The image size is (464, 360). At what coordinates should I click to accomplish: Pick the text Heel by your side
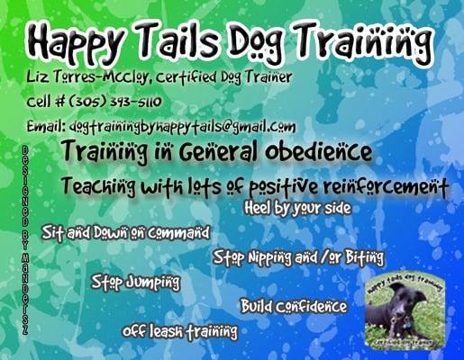click(x=297, y=209)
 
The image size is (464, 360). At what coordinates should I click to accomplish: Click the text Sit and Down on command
click(x=125, y=232)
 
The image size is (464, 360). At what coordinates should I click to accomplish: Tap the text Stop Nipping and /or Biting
click(x=299, y=257)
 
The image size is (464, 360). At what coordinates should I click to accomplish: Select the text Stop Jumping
click(x=135, y=283)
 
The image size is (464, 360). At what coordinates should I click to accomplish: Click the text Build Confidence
click(x=294, y=307)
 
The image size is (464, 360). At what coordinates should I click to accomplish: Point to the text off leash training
click(x=180, y=331)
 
